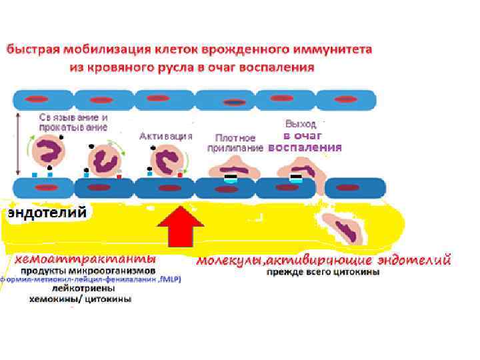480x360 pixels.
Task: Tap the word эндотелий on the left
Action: click(x=47, y=213)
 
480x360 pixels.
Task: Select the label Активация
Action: click(x=165, y=135)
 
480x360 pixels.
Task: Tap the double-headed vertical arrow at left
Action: click(x=17, y=143)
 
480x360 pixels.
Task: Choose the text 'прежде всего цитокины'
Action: click(x=324, y=272)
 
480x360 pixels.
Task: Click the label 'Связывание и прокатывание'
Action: click(x=63, y=121)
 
